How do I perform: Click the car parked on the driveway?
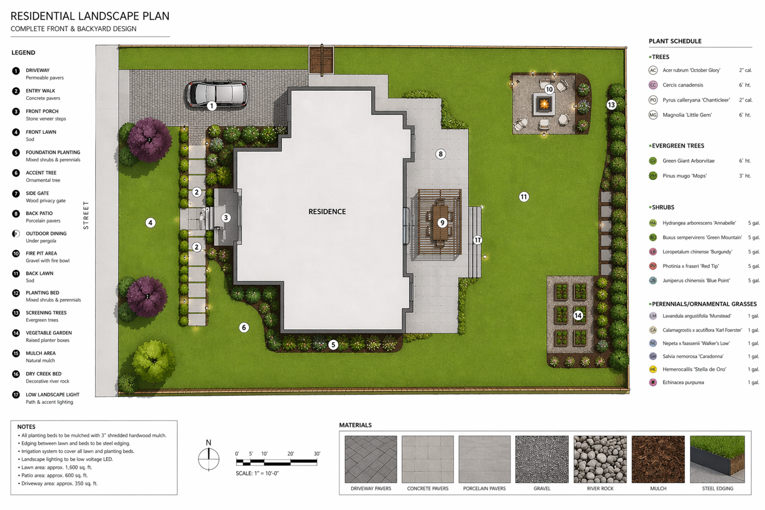click(x=217, y=94)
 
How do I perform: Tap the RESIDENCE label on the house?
click(x=327, y=212)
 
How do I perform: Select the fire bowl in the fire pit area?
click(x=544, y=105)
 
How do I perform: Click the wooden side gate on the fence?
click(x=321, y=60)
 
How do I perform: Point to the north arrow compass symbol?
click(x=209, y=458)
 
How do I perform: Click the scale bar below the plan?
click(x=276, y=462)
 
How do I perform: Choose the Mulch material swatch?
click(x=658, y=459)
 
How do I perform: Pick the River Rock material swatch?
click(x=600, y=459)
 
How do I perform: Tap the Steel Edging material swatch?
click(x=717, y=459)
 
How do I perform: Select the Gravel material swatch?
click(x=542, y=459)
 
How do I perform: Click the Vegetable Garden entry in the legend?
click(x=48, y=333)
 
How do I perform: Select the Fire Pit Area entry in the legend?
click(x=41, y=254)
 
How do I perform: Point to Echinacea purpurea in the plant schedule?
click(x=683, y=382)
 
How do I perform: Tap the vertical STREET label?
click(x=86, y=215)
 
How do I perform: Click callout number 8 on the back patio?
click(x=440, y=154)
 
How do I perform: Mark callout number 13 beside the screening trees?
click(x=611, y=105)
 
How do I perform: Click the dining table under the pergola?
click(x=440, y=224)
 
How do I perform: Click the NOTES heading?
click(x=26, y=427)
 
